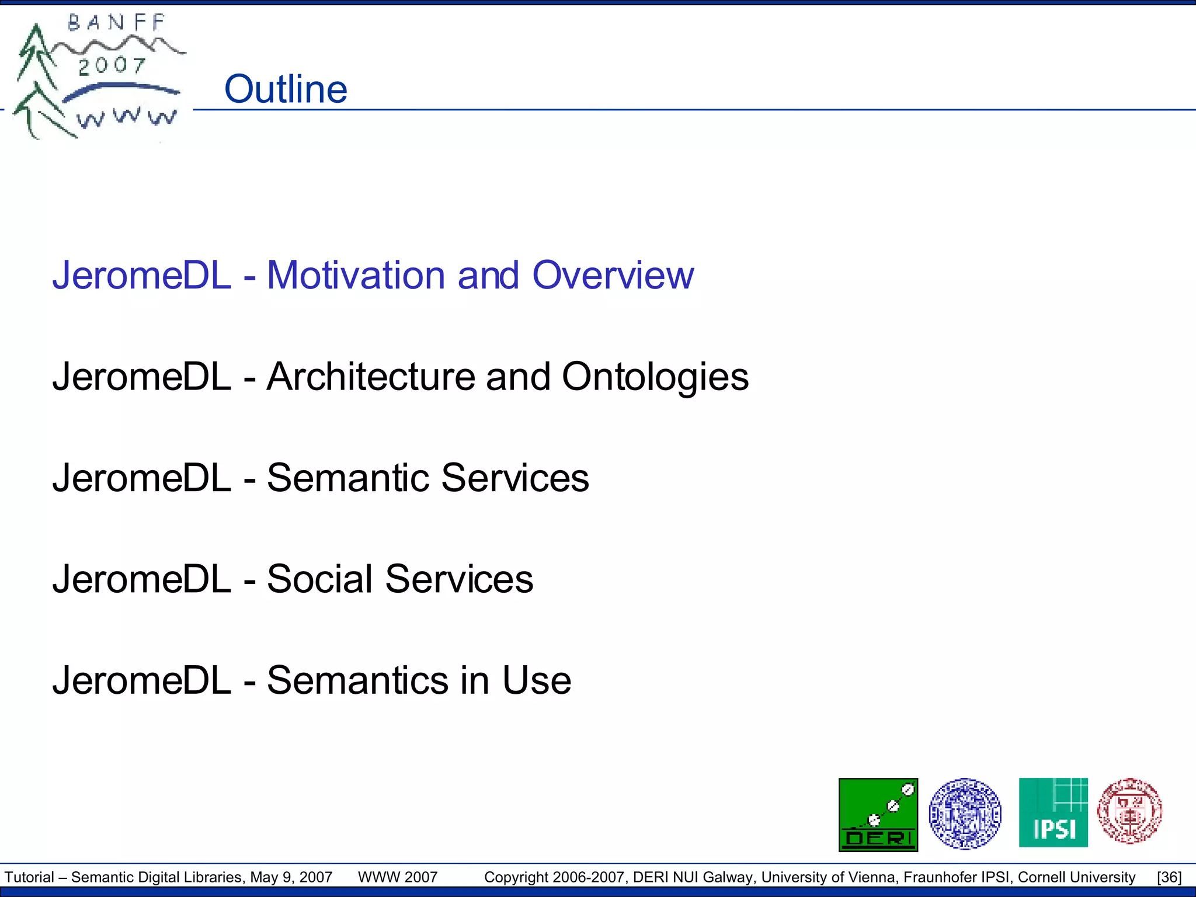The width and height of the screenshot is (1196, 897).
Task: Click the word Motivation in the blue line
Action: click(x=356, y=275)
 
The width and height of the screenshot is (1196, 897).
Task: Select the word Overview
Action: click(x=613, y=275)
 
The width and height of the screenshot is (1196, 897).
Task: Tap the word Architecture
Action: click(x=371, y=377)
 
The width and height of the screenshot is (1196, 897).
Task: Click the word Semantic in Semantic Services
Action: click(x=348, y=478)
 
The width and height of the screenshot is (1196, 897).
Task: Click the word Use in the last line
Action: click(x=536, y=680)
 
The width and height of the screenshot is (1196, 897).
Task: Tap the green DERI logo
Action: click(x=878, y=815)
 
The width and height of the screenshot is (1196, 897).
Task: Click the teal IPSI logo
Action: click(x=1053, y=812)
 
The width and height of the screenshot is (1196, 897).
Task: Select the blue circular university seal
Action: click(x=965, y=813)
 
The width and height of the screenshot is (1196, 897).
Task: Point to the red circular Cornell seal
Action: click(x=1129, y=811)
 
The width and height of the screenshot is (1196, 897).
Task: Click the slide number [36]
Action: click(x=1169, y=877)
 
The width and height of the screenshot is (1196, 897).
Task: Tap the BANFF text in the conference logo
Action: click(x=117, y=23)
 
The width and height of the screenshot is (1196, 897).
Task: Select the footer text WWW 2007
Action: click(x=398, y=877)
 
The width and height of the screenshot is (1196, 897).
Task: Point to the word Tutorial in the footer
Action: click(x=29, y=877)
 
